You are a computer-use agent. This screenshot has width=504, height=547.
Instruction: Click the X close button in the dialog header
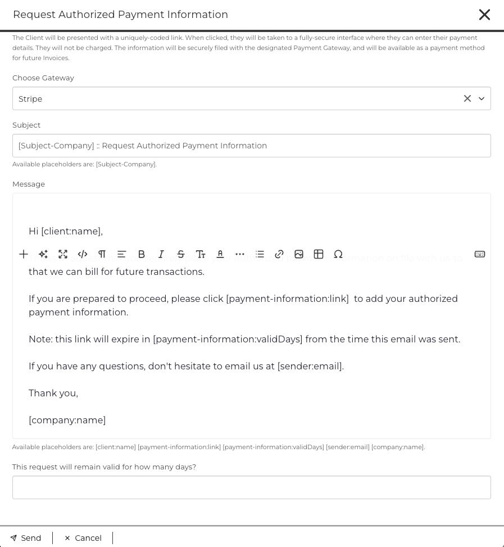pos(484,15)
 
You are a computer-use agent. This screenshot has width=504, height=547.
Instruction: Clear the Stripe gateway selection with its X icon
pos(467,98)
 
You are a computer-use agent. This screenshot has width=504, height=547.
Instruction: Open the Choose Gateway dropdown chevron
pos(482,98)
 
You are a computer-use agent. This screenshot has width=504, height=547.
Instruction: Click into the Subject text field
pos(251,146)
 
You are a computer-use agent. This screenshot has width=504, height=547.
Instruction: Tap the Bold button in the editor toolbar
pos(142,254)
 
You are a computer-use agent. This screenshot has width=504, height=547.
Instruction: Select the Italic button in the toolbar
pos(161,254)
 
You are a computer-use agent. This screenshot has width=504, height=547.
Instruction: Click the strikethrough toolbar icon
pos(181,254)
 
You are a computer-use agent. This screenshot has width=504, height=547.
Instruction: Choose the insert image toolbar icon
pos(299,254)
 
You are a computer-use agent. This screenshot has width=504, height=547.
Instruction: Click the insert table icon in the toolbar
pos(319,254)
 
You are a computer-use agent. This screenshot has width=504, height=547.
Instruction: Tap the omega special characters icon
pos(338,254)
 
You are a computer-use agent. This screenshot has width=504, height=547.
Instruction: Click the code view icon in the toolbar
pos(83,254)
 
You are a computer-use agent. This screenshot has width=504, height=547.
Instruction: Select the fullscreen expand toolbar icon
pos(63,254)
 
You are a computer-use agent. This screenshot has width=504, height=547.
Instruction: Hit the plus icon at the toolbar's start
pos(24,254)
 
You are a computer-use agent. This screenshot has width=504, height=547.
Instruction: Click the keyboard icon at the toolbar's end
pos(480,254)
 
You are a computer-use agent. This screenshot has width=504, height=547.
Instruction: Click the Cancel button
pos(83,538)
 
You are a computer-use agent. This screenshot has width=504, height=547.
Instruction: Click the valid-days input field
pos(251,487)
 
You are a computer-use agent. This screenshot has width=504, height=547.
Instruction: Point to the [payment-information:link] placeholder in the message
pos(287,299)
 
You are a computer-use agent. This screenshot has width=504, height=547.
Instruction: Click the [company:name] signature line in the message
pos(67,420)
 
